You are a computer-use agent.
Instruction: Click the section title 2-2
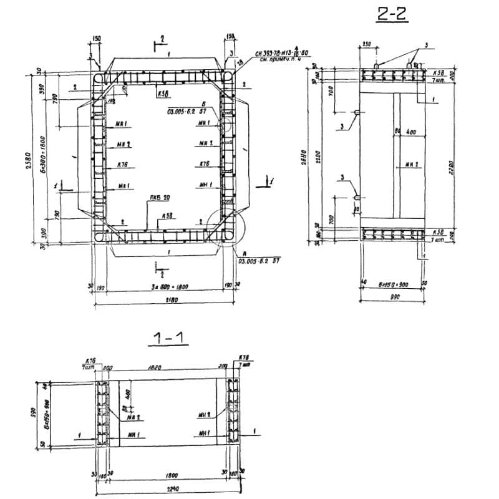[392, 14]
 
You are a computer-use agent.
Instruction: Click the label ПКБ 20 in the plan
[159, 199]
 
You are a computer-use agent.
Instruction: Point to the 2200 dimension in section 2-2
[317, 153]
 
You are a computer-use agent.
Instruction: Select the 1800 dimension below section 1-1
[166, 475]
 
